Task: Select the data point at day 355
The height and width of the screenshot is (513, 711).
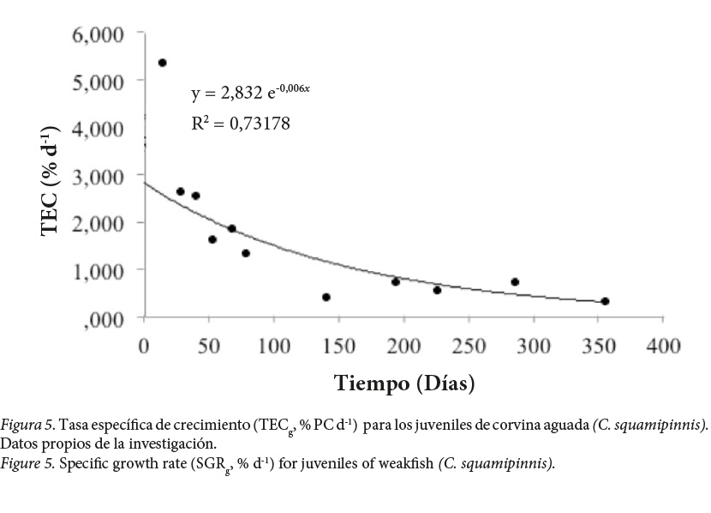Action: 605,301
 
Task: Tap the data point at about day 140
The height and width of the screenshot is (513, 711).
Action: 326,297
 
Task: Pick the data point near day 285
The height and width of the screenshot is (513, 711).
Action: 515,281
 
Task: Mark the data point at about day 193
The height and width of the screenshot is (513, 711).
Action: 396,281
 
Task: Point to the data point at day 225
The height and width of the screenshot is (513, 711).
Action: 437,290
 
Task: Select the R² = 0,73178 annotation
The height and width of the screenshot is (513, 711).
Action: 241,124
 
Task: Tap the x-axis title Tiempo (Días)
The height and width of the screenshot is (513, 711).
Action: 404,382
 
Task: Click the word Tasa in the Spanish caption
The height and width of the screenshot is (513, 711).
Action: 75,426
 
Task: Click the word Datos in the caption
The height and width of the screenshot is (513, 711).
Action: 18,444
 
